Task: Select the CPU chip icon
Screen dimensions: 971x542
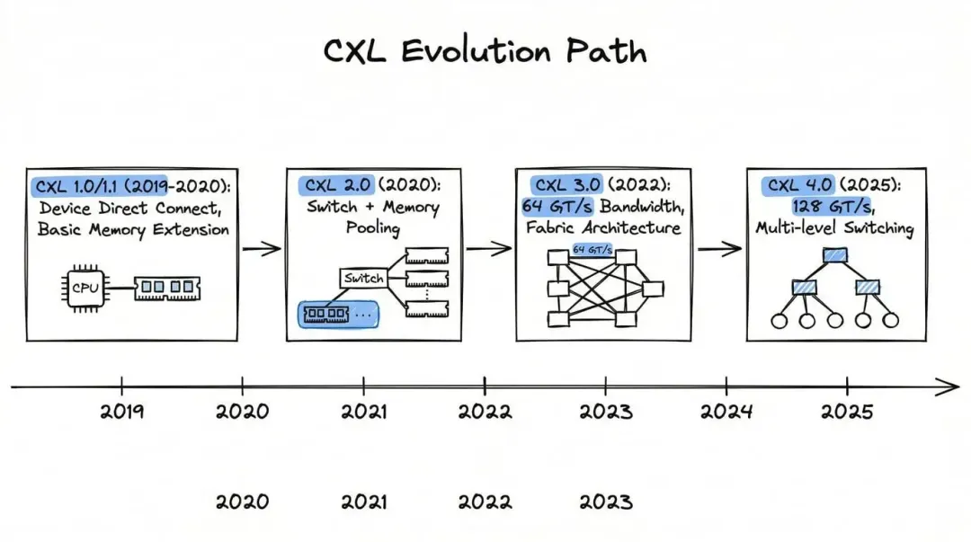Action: [x=85, y=288]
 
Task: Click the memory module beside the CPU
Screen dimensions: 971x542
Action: [x=167, y=288]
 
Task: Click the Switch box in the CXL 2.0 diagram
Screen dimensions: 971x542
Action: [x=362, y=278]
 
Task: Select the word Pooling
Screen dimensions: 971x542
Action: [x=373, y=228]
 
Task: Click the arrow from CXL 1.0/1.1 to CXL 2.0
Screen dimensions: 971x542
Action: [x=262, y=249]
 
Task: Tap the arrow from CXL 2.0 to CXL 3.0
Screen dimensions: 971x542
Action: [x=488, y=249]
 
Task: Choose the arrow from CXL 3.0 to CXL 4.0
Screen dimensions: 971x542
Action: [x=719, y=249]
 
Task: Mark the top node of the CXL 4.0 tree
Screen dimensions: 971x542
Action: [x=834, y=254]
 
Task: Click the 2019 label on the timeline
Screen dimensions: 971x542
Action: [x=121, y=412]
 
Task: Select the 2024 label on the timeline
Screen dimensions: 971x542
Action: [x=726, y=412]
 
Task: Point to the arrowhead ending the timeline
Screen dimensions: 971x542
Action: [x=951, y=387]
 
